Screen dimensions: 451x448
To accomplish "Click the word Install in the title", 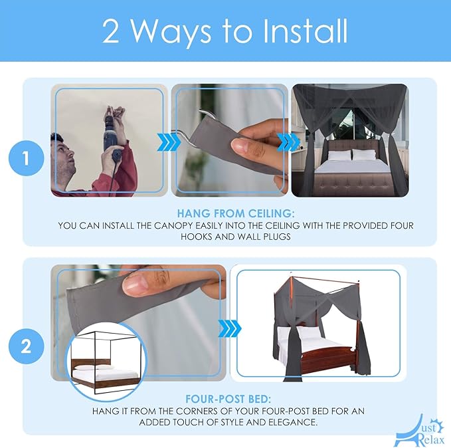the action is [305, 31].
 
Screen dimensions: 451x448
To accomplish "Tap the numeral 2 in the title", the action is [111, 32].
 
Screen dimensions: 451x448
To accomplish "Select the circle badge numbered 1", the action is [26, 158].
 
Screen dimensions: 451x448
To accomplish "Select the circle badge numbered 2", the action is [26, 346].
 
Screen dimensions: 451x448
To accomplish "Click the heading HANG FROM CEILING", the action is [236, 213].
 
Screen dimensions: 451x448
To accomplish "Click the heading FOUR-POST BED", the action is [228, 399].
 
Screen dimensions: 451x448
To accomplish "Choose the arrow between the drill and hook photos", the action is [168, 142].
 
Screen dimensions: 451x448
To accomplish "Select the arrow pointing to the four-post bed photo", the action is [230, 328].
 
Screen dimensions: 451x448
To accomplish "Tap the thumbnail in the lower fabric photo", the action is [135, 285].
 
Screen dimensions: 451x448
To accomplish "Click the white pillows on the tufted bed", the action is [352, 155].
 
